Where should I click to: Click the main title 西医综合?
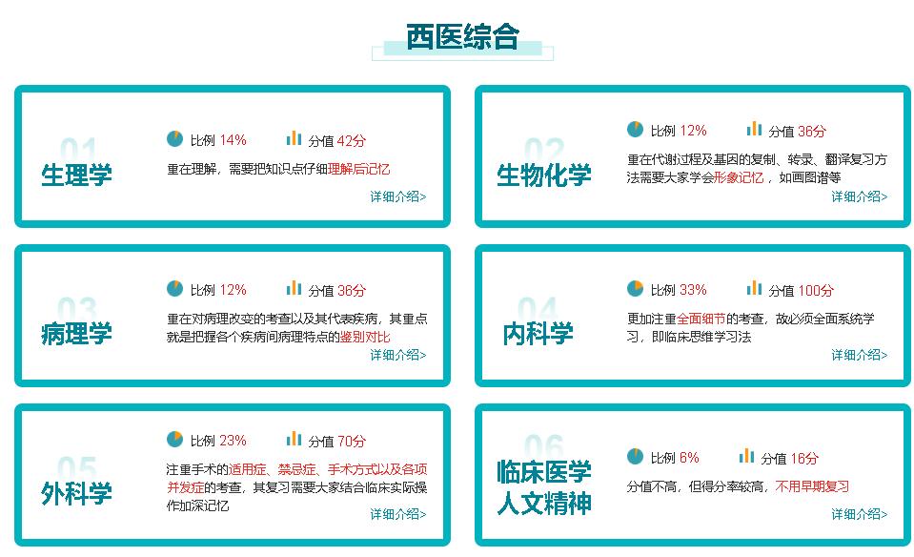[462, 37]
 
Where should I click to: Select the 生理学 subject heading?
[76, 175]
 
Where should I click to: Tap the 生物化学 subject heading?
[544, 175]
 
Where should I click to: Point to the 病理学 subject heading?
[76, 334]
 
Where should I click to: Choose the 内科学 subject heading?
[538, 334]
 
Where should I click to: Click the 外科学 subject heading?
[76, 493]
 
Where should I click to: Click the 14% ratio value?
[234, 140]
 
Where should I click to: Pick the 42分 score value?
[352, 140]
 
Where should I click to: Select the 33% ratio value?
[693, 290]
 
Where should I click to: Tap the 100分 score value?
[816, 291]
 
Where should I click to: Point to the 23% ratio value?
[234, 441]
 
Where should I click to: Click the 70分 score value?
[352, 441]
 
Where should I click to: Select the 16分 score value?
[804, 459]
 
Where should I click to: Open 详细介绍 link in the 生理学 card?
[398, 196]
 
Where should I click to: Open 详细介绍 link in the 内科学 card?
[860, 355]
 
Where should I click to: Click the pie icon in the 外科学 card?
[174, 439]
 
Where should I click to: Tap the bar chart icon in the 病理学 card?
[294, 288]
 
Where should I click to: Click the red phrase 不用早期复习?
[812, 486]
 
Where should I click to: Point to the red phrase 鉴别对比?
[365, 337]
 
